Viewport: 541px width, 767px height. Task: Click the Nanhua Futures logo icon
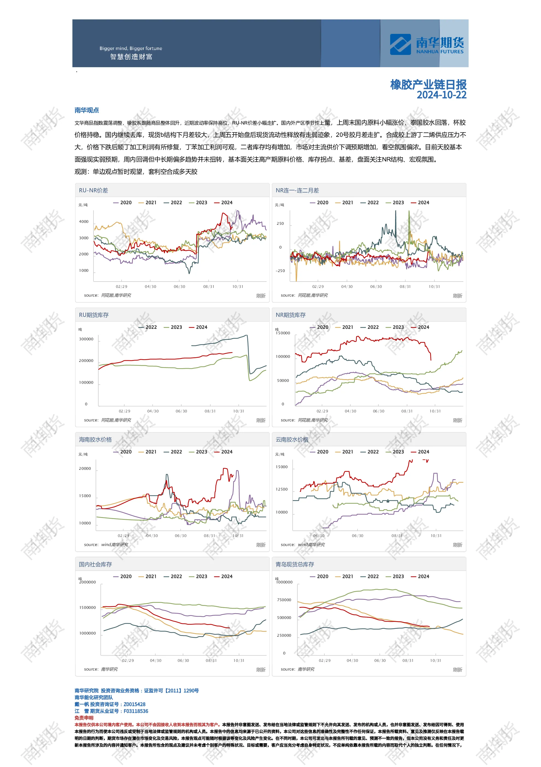pos(400,45)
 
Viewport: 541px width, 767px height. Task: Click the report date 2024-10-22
pos(442,95)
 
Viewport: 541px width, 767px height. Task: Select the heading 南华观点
pos(87,110)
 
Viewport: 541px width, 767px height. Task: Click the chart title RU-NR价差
pos(93,190)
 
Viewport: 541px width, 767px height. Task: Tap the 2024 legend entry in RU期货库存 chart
pos(198,328)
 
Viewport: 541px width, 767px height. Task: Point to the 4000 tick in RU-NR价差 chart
pos(84,222)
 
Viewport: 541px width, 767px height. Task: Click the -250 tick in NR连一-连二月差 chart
pos(280,271)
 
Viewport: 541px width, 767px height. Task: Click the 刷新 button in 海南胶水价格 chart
pos(261,545)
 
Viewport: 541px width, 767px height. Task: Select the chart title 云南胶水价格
pos(292,439)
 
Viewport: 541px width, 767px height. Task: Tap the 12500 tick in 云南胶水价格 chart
pos(281,489)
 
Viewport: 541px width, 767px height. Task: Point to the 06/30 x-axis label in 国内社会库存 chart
pos(183,660)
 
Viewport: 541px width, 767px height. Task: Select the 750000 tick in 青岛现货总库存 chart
pos(284,600)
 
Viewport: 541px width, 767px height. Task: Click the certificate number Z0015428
pos(134,704)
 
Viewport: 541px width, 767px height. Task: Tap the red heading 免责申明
pos(84,718)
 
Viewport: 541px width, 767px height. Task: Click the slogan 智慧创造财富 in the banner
pos(131,57)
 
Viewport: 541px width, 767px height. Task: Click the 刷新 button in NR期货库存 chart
pos(457,420)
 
